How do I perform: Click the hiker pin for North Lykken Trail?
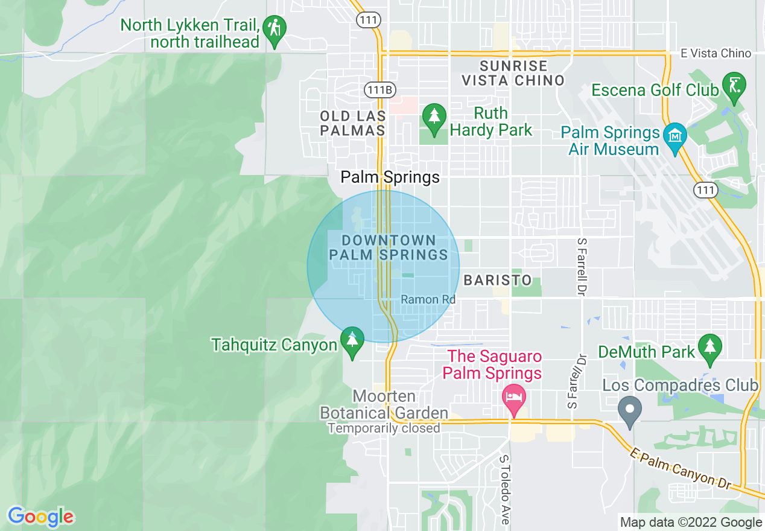click(x=276, y=30)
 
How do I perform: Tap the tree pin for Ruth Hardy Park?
click(x=433, y=117)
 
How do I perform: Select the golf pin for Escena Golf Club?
click(x=734, y=86)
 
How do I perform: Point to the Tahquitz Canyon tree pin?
click(x=352, y=340)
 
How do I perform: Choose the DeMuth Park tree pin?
click(x=710, y=348)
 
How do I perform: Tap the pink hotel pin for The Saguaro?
click(x=513, y=398)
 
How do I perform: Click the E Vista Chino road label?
click(x=716, y=53)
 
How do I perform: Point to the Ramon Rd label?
click(x=428, y=299)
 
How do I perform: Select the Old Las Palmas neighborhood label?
click(x=353, y=123)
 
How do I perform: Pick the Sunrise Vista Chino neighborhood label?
click(x=513, y=73)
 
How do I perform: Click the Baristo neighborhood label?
click(x=498, y=280)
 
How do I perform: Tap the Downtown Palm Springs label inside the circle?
click(x=389, y=248)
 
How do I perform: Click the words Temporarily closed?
click(x=384, y=428)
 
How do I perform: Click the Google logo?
click(x=40, y=517)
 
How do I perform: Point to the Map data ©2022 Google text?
click(x=691, y=522)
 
